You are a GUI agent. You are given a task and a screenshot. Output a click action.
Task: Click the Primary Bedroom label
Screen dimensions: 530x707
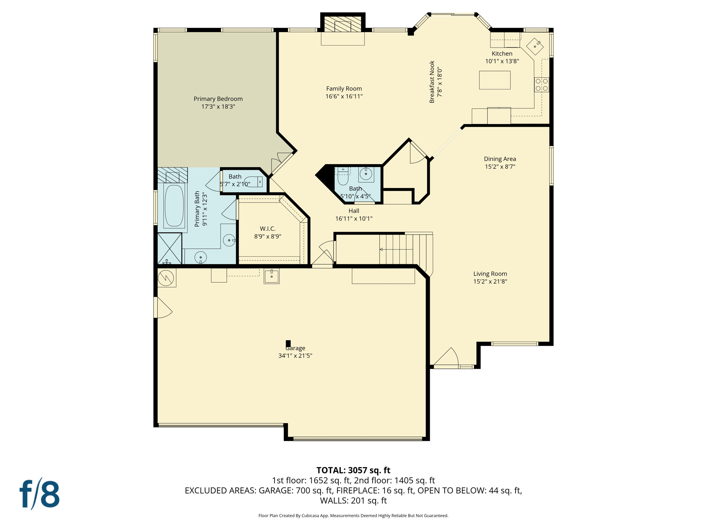point(218,99)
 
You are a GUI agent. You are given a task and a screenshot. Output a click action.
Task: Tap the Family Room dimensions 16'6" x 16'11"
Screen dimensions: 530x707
point(344,97)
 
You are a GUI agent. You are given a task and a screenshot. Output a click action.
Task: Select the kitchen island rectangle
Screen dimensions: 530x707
point(494,80)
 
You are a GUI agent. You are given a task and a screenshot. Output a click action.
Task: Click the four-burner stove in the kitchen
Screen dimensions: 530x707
point(541,85)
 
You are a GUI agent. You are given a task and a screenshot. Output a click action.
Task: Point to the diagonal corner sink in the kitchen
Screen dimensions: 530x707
point(535,46)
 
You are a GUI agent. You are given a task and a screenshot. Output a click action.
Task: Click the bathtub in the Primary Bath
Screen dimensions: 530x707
point(174,206)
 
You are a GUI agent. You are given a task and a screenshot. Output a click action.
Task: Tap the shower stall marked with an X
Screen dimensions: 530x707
point(170,248)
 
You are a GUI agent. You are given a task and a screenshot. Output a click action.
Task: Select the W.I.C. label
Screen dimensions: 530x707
point(268,229)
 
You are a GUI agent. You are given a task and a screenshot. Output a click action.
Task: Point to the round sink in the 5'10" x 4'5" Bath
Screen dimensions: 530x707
point(366,174)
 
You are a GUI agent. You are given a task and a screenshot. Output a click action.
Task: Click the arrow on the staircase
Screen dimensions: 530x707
point(381,249)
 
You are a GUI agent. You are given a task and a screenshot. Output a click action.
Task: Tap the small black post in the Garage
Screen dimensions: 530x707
point(288,344)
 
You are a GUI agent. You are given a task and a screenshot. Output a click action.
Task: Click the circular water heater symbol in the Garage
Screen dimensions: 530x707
point(166,278)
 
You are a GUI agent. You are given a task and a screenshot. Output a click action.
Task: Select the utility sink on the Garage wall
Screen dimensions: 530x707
point(271,276)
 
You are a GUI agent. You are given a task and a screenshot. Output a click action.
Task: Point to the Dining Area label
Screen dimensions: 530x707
point(500,159)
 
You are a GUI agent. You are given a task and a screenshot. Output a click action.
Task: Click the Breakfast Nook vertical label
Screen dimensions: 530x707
point(432,82)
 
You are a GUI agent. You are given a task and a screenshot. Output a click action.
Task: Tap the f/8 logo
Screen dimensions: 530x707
point(39,494)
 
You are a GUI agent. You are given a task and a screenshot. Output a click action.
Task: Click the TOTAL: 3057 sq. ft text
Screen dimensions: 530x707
point(353,470)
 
